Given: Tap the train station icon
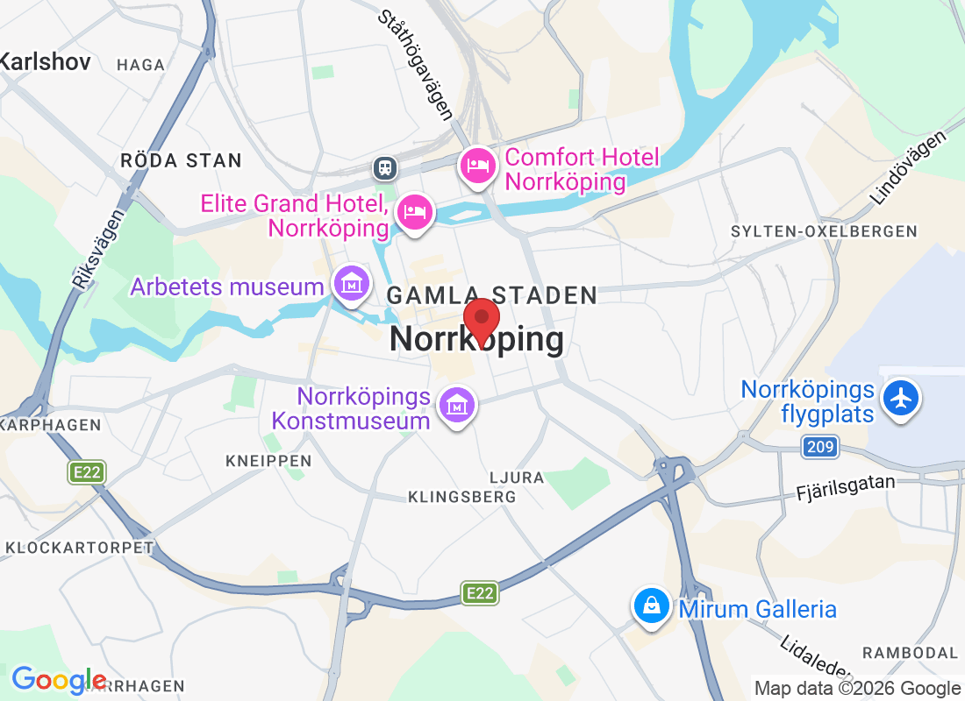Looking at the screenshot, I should [x=384, y=166].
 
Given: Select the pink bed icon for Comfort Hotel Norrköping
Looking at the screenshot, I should [x=477, y=165].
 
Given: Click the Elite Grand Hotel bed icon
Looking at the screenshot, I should [x=414, y=212].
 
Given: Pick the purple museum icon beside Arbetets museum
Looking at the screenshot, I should [x=351, y=284].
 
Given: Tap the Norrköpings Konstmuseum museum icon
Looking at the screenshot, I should [x=457, y=405].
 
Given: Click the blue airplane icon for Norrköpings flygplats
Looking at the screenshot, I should [x=900, y=399].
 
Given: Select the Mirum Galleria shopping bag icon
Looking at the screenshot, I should [x=652, y=605].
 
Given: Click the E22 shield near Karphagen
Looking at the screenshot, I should [x=87, y=472].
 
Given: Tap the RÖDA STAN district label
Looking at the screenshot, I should [x=181, y=160].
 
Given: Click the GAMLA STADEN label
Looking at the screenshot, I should [x=491, y=295].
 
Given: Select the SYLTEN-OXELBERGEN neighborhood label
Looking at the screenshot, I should [x=824, y=231].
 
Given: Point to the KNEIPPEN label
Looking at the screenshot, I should [x=268, y=460].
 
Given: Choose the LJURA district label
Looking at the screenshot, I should [x=518, y=478].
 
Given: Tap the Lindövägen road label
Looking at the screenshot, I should [x=911, y=167].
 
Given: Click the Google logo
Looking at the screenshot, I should [x=59, y=679].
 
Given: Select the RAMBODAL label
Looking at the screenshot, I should [x=910, y=653].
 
